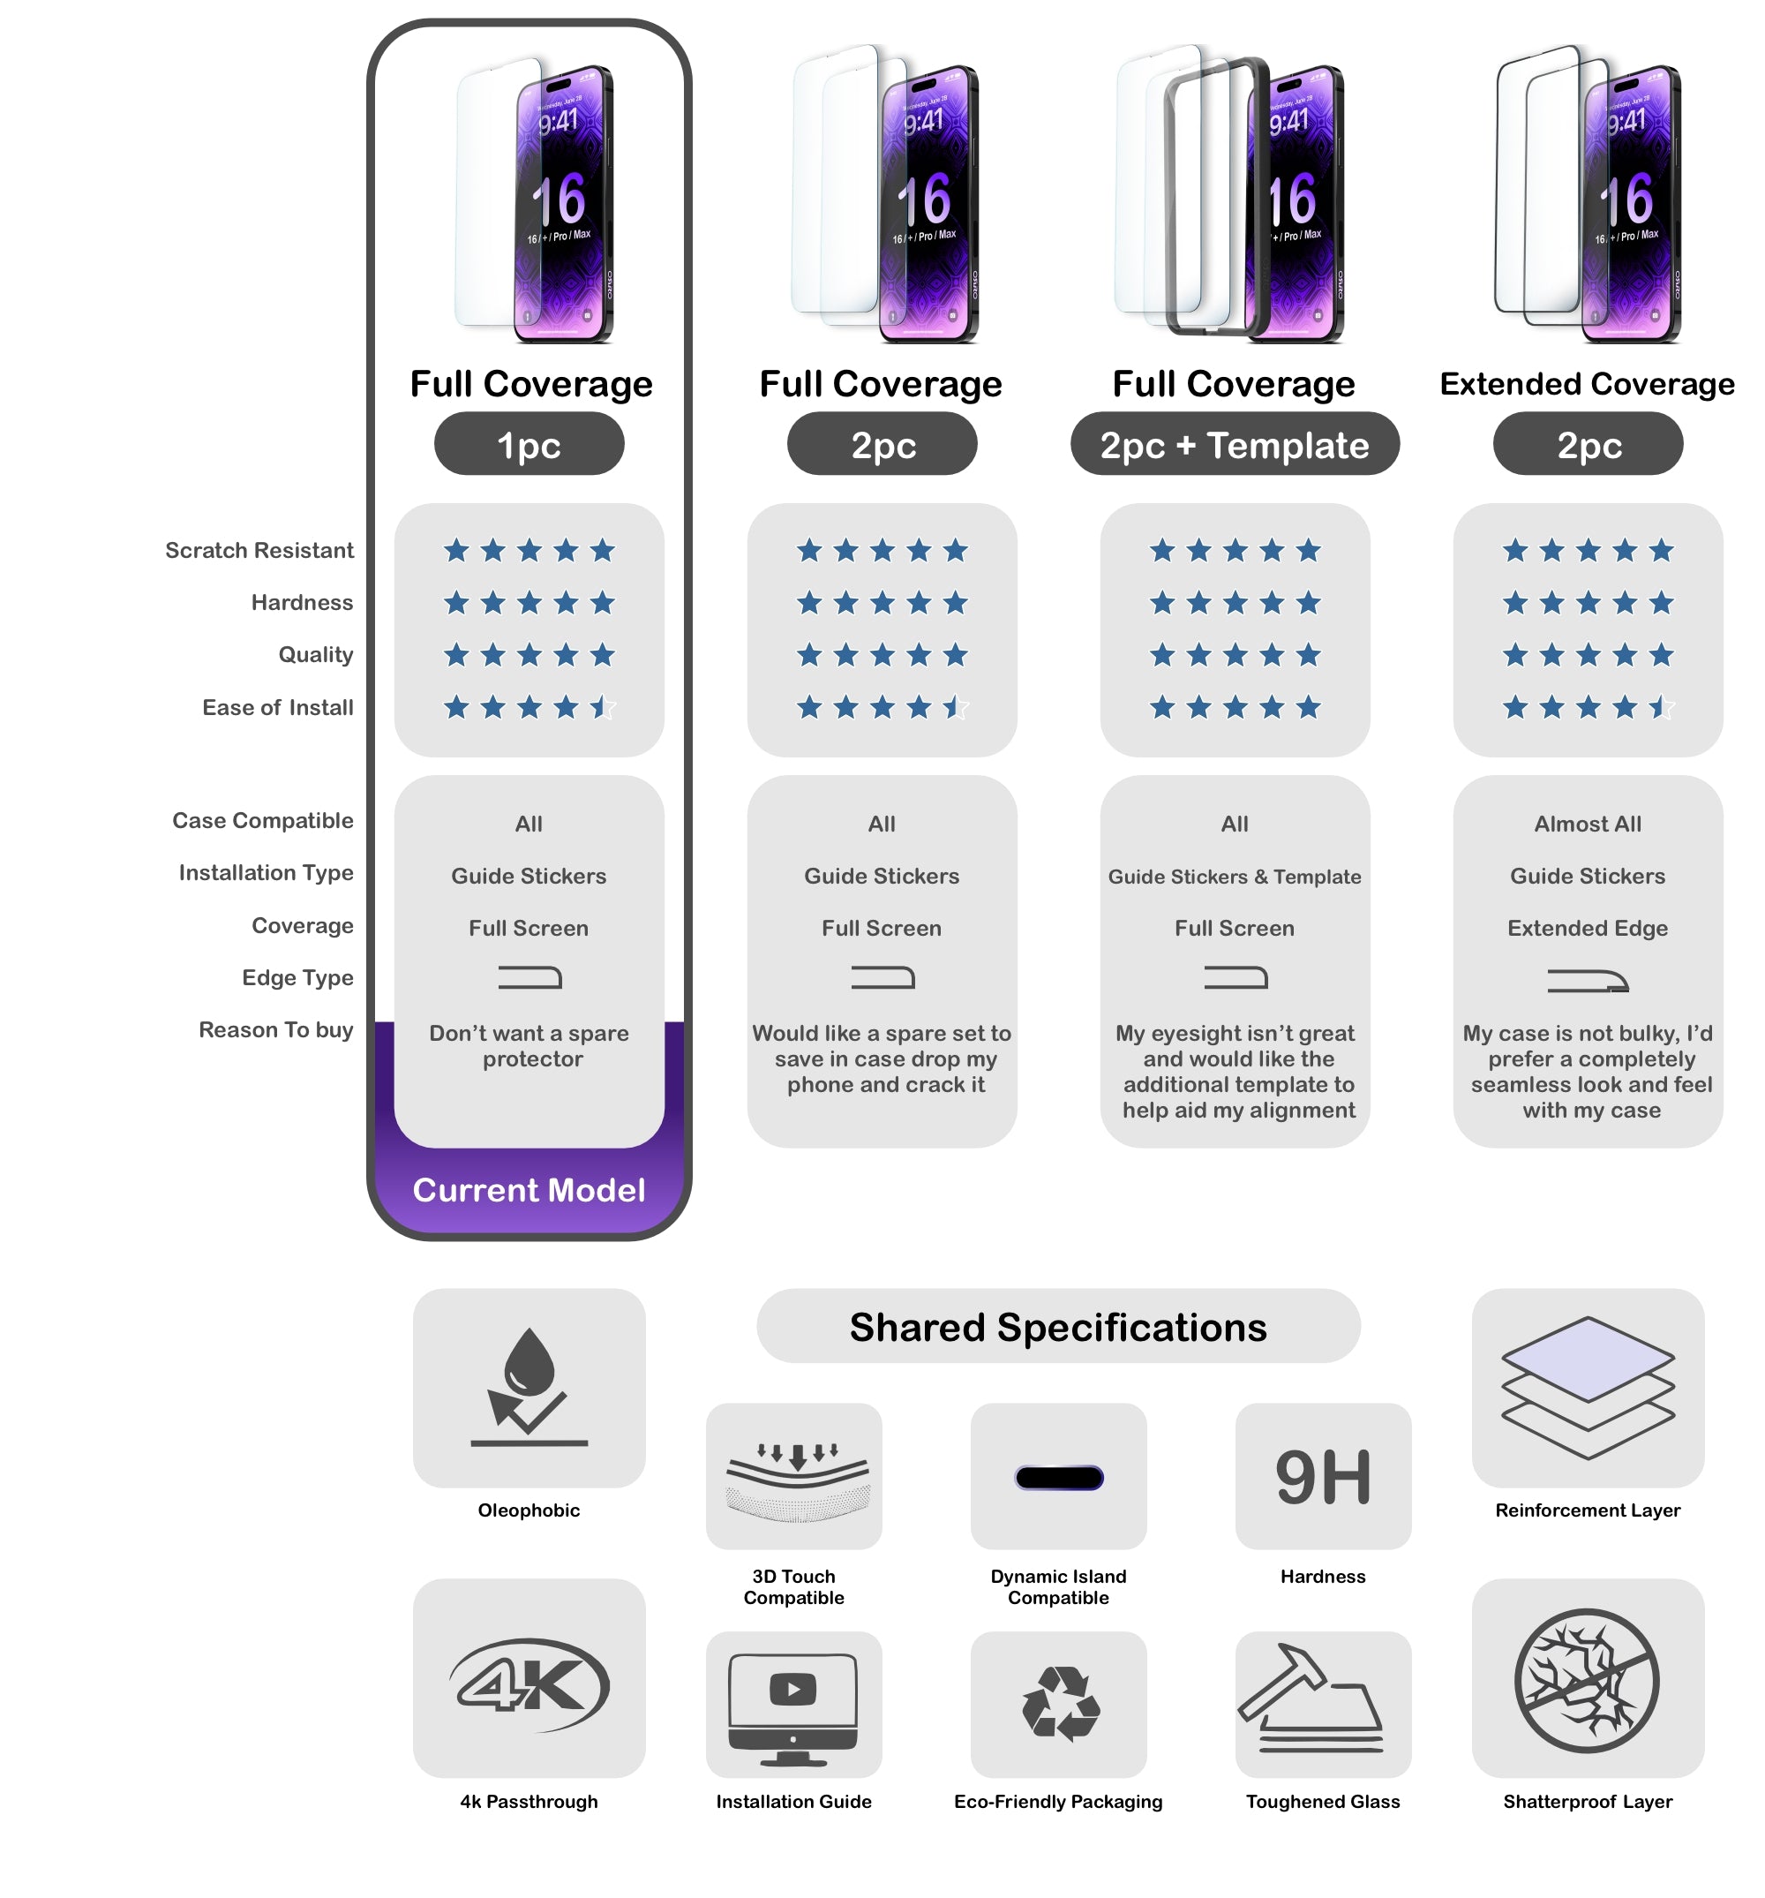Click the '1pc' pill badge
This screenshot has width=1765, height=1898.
tap(529, 445)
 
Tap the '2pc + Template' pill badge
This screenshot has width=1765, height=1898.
tap(1235, 445)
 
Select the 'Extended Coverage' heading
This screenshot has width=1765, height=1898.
tap(1587, 384)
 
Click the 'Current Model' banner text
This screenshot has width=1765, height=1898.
tap(529, 1190)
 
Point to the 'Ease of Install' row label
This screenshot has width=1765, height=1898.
tap(277, 707)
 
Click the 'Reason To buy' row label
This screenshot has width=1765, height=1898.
tap(275, 1029)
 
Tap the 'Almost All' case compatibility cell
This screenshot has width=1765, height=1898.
tap(1587, 824)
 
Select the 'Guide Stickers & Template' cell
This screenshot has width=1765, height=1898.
tap(1235, 877)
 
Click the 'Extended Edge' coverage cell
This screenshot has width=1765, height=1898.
tap(1587, 928)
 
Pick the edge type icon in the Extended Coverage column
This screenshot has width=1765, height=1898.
tap(1587, 981)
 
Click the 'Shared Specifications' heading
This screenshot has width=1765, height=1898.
tap(1057, 1327)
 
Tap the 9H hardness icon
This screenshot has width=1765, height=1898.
tap(1322, 1477)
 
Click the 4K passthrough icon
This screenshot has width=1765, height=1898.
tap(529, 1685)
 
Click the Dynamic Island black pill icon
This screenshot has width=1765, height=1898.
tap(1059, 1477)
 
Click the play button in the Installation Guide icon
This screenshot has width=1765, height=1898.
tap(792, 1689)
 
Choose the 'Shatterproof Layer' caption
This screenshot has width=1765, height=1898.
tap(1587, 1801)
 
